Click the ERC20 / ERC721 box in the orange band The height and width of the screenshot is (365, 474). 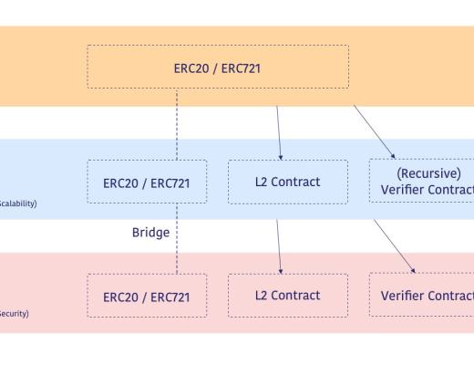click(218, 67)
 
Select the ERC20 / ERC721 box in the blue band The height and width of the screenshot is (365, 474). click(147, 182)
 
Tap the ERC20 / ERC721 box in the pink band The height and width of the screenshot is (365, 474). click(147, 296)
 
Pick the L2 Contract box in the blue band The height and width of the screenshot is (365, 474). click(287, 182)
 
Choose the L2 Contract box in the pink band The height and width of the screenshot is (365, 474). click(287, 296)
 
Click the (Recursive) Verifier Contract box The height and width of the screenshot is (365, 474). click(421, 182)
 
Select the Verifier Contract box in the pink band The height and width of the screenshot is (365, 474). click(421, 296)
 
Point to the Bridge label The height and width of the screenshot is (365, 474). click(150, 233)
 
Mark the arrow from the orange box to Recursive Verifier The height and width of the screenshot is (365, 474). click(374, 130)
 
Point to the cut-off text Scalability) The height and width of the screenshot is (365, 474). click(18, 203)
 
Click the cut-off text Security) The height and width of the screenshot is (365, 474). click(15, 313)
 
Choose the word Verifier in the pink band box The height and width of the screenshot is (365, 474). click(404, 296)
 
